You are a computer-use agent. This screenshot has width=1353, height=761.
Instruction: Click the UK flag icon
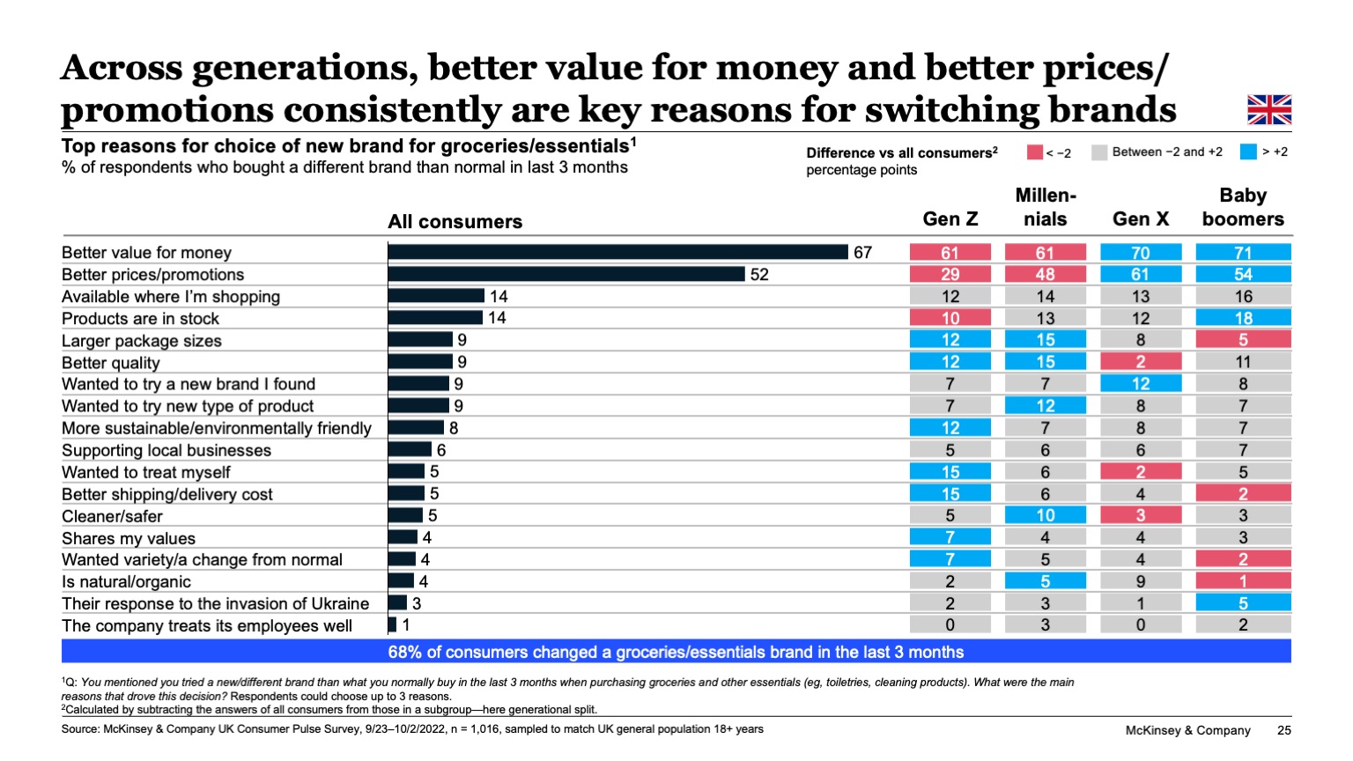(x=1268, y=110)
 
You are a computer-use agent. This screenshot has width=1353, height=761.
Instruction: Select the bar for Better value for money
(x=617, y=253)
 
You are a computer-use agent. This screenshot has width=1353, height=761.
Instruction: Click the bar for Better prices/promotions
(x=566, y=275)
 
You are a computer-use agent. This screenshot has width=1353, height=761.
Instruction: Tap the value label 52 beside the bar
(x=759, y=275)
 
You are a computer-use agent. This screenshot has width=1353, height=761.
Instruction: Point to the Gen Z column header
(x=950, y=219)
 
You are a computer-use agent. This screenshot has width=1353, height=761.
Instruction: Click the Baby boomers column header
(x=1243, y=208)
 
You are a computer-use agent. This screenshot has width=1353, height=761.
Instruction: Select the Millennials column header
(x=1045, y=208)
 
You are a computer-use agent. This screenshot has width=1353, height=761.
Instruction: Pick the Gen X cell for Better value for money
(x=1140, y=253)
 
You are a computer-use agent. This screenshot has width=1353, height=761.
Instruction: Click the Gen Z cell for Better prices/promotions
(x=950, y=275)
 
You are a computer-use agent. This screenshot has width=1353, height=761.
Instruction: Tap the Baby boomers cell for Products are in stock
(x=1243, y=318)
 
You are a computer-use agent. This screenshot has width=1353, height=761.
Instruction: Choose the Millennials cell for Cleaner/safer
(x=1045, y=515)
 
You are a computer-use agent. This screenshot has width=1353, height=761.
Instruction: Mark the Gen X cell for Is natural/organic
(x=1140, y=581)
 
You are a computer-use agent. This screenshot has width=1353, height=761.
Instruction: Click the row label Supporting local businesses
(x=166, y=450)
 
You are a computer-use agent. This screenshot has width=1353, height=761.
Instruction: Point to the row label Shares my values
(x=129, y=538)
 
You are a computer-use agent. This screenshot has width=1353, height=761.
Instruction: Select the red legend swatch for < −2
(x=1034, y=152)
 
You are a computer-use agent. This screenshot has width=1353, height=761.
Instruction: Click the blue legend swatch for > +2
(x=1247, y=152)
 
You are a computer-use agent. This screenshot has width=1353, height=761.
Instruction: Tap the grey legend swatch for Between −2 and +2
(x=1098, y=152)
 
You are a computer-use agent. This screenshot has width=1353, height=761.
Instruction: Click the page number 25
(x=1283, y=730)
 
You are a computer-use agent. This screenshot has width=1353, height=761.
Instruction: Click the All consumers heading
(x=455, y=222)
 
